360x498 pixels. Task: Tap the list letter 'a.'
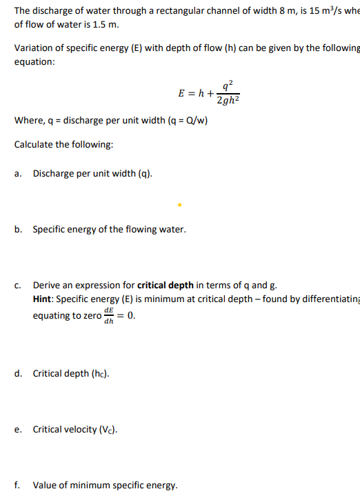[18, 174]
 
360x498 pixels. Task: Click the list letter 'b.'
[18, 229]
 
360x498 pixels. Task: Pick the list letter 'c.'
[18, 284]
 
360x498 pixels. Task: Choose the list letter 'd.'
[18, 374]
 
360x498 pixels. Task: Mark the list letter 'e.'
[18, 430]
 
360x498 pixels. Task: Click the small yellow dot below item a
[179, 204]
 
